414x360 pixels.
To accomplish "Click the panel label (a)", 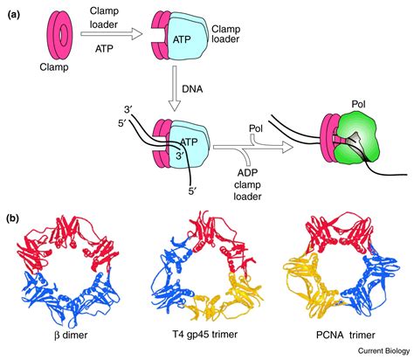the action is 14,15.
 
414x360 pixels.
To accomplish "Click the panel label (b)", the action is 14,218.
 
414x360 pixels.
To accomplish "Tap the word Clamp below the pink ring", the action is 54,67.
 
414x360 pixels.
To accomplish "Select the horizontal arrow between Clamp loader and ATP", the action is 112,34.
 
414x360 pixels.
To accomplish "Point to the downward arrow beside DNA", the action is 175,88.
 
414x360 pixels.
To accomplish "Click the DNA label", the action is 192,89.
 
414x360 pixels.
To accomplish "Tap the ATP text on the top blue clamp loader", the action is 182,39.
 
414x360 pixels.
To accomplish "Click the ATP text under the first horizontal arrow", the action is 104,48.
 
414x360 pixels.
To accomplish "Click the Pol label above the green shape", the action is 358,105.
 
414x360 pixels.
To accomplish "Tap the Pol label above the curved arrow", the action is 256,128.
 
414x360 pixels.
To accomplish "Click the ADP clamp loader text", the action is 247,184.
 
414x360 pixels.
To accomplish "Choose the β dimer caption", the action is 71,336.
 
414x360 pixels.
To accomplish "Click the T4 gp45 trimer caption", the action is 204,334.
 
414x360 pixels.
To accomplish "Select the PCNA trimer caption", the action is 346,335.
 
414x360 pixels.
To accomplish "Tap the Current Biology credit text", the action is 383,351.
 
